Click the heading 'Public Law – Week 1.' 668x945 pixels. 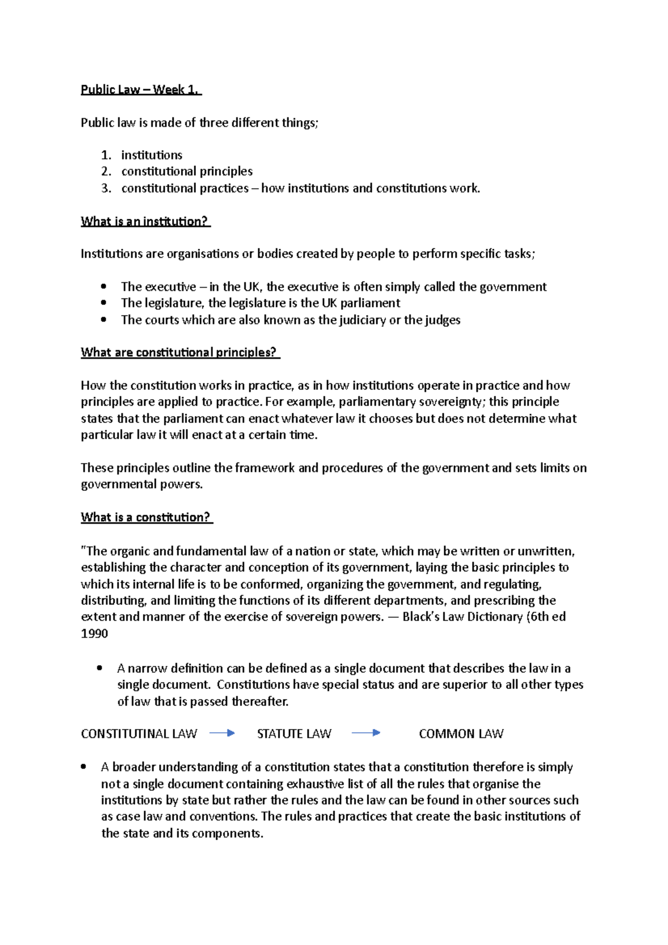coord(141,90)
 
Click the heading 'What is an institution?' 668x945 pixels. coord(145,222)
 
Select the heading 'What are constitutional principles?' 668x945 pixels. coord(179,352)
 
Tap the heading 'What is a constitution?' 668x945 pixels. coord(146,517)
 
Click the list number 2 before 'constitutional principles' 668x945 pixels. coord(106,171)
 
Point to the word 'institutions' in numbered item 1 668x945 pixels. coord(151,155)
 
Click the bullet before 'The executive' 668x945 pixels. coord(103,287)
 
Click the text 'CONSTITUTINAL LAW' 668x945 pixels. coord(139,734)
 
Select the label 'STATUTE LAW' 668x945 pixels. coord(294,734)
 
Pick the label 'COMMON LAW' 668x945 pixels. coord(461,734)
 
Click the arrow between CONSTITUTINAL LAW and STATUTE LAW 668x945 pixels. coord(222,734)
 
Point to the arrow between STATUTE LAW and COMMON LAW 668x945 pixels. coord(366,734)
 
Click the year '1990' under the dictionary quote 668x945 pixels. coord(95,633)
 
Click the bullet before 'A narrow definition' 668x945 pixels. coord(100,668)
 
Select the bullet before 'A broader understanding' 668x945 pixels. coord(83,767)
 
